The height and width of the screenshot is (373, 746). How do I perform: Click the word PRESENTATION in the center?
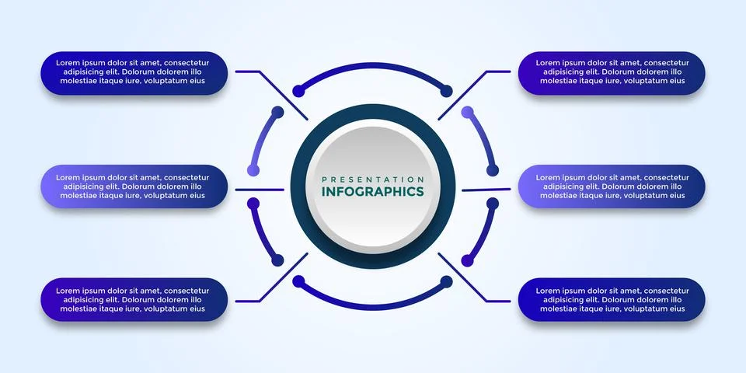point(373,179)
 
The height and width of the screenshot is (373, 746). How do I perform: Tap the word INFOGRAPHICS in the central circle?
point(373,192)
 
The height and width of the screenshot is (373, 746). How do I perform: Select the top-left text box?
point(134,73)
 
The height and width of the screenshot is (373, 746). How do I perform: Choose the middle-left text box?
point(134,186)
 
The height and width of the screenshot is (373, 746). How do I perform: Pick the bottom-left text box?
point(134,300)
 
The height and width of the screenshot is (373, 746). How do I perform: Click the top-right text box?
point(612,73)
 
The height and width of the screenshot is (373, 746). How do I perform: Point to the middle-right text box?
point(612,186)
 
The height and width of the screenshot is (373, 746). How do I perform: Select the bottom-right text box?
point(612,300)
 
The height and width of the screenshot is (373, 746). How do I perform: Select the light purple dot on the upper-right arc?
point(467,113)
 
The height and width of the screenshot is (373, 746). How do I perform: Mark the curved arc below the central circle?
point(373,298)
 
